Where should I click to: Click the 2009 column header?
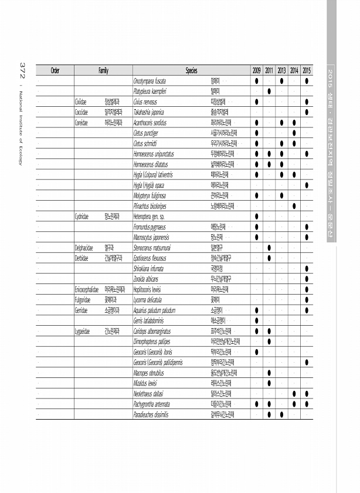click(257, 70)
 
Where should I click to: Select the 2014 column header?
click(294, 70)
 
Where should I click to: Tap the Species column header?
click(191, 70)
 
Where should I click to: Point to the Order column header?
click(55, 70)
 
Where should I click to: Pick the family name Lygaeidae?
click(82, 331)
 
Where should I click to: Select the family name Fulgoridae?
click(82, 300)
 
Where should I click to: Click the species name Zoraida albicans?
click(146, 279)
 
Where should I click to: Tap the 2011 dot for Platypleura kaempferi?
click(269, 91)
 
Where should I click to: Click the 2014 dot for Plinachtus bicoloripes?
click(294, 206)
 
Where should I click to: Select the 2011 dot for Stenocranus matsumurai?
click(269, 248)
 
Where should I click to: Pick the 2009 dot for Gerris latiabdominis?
click(257, 320)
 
